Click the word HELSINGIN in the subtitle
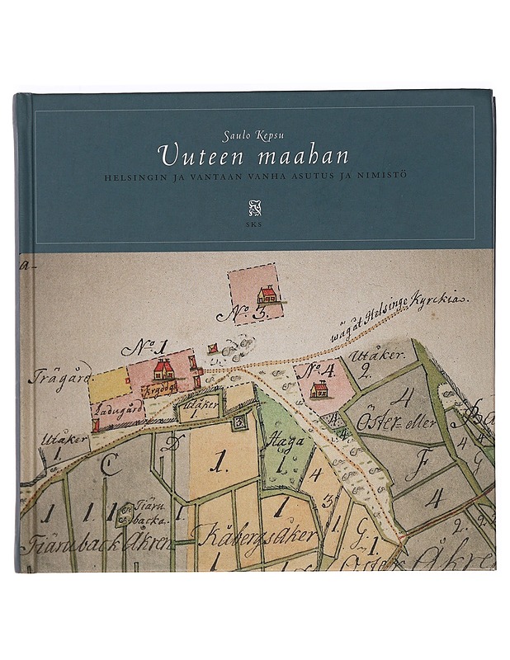pos(135,175)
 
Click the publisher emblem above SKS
pos(253,206)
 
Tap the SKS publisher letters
pos(253,224)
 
